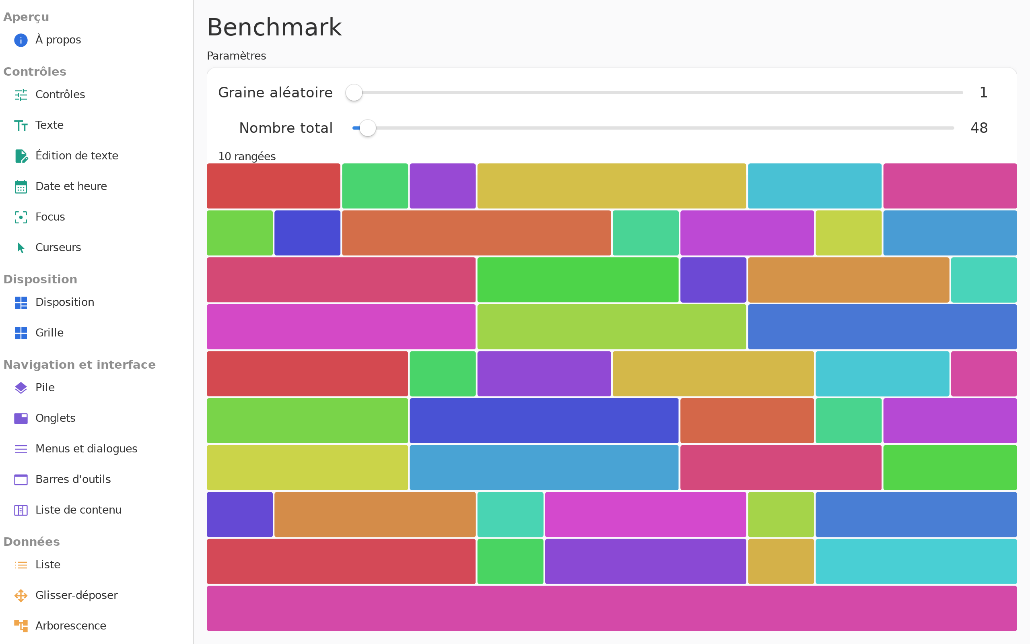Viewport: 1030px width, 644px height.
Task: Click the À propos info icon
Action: (x=21, y=40)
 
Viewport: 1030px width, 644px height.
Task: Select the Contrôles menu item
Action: (x=60, y=95)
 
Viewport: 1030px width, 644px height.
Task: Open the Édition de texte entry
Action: (x=76, y=156)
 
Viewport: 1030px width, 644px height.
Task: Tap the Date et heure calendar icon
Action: (x=21, y=186)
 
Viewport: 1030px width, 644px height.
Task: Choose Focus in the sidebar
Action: (x=50, y=217)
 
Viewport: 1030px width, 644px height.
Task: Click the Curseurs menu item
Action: (x=58, y=248)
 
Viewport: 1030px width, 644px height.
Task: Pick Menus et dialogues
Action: (x=87, y=449)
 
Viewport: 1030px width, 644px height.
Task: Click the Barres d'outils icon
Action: (x=21, y=480)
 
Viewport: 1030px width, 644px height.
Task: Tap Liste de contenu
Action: (x=78, y=510)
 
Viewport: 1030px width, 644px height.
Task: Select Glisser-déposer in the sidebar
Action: (x=76, y=595)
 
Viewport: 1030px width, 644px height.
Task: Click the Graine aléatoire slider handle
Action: (x=354, y=93)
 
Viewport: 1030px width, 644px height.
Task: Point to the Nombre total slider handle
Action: (x=368, y=128)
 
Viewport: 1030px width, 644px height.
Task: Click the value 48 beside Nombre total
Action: (x=979, y=128)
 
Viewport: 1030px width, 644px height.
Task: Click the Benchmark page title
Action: (x=274, y=27)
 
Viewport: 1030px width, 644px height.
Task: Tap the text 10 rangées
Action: (x=247, y=156)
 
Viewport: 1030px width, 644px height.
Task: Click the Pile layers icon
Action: (x=21, y=388)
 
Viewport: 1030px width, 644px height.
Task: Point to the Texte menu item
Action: (x=49, y=125)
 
